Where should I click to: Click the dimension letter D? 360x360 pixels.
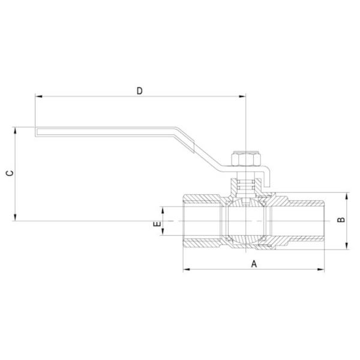139,91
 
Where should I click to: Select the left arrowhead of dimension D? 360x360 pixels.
38,96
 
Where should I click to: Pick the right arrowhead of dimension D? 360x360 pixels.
244,96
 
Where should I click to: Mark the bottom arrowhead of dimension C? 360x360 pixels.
14,219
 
